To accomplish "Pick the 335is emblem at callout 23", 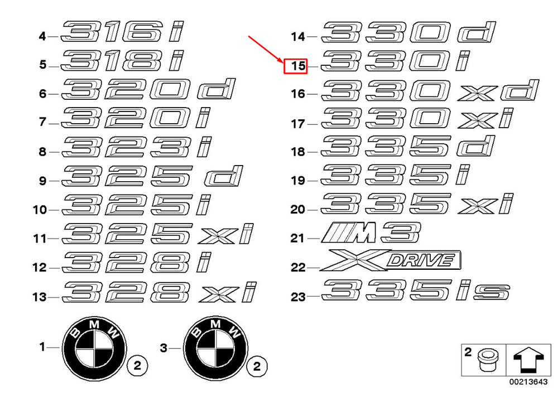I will tap(416, 291).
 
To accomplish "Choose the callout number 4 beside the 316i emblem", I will tap(42, 37).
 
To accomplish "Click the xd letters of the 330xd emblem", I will tap(498, 91).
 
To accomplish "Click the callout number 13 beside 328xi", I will tap(39, 297).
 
